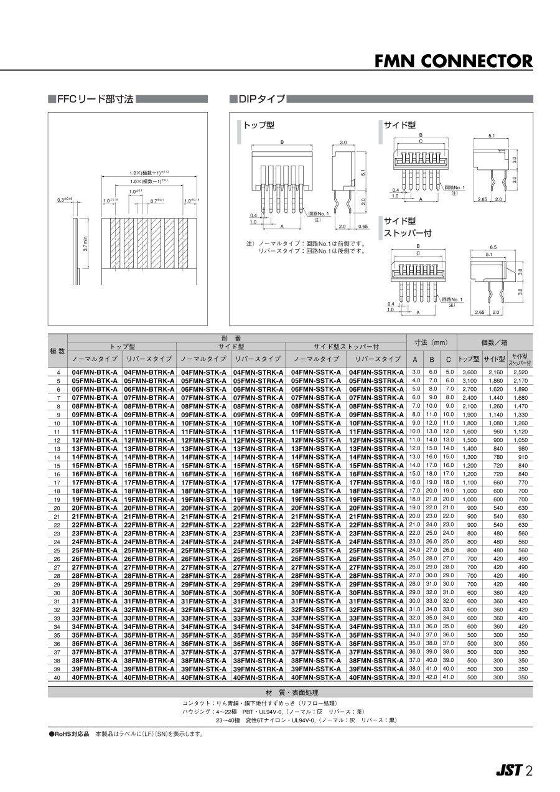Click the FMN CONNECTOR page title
point(454,61)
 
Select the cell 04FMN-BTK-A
point(95,372)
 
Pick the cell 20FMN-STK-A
point(203,507)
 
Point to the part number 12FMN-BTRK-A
point(149,440)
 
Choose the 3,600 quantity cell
point(469,372)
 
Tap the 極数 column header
point(57,351)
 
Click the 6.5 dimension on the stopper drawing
point(493,247)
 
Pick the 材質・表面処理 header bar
point(290,692)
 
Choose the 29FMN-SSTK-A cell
point(316,584)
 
